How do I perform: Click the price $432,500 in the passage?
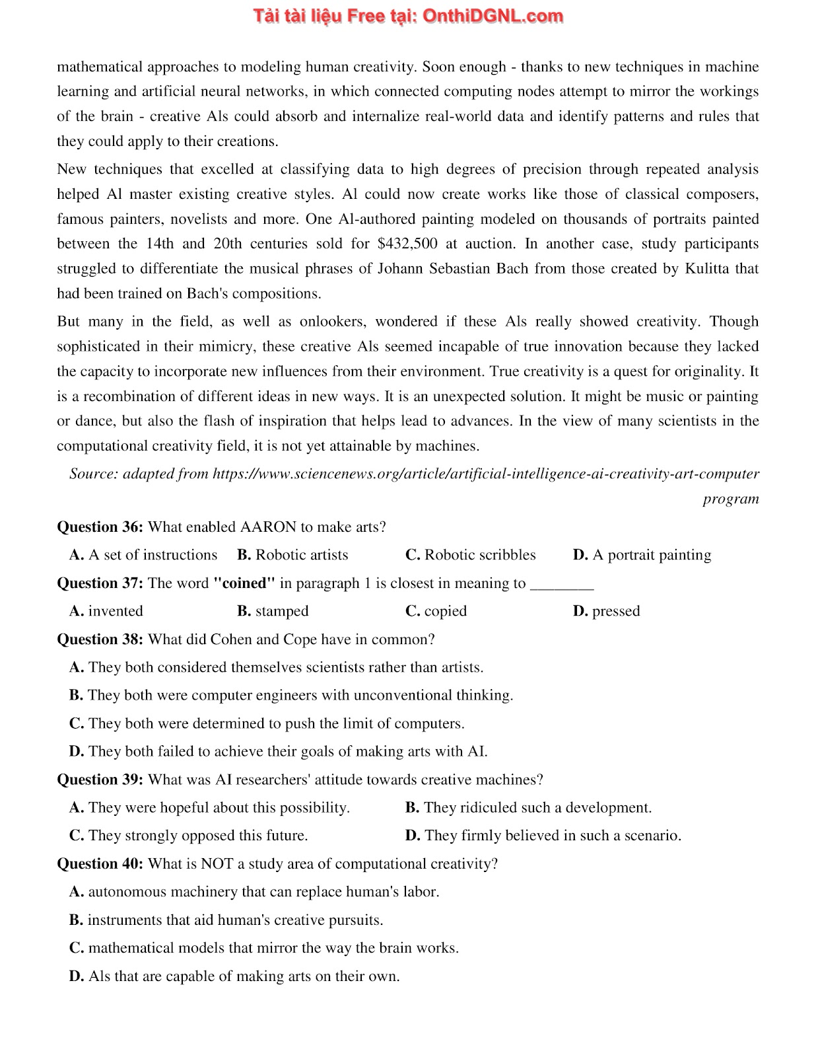coord(407,244)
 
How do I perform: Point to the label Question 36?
coord(100,527)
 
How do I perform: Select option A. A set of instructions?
coord(143,555)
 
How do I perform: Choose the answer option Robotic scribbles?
coord(471,555)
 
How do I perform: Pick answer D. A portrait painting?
coord(642,555)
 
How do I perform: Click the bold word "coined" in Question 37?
coord(244,583)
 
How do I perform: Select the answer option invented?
coord(106,611)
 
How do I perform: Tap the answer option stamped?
coord(273,611)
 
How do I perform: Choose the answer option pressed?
coord(607,611)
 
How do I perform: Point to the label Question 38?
coord(100,639)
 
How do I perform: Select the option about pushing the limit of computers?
coord(267,723)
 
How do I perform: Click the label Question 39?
coord(100,780)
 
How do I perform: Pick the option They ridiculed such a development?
coord(528,807)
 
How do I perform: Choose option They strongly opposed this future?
coord(189,836)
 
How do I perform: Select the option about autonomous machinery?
coord(254,892)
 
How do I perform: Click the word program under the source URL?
coord(731,499)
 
